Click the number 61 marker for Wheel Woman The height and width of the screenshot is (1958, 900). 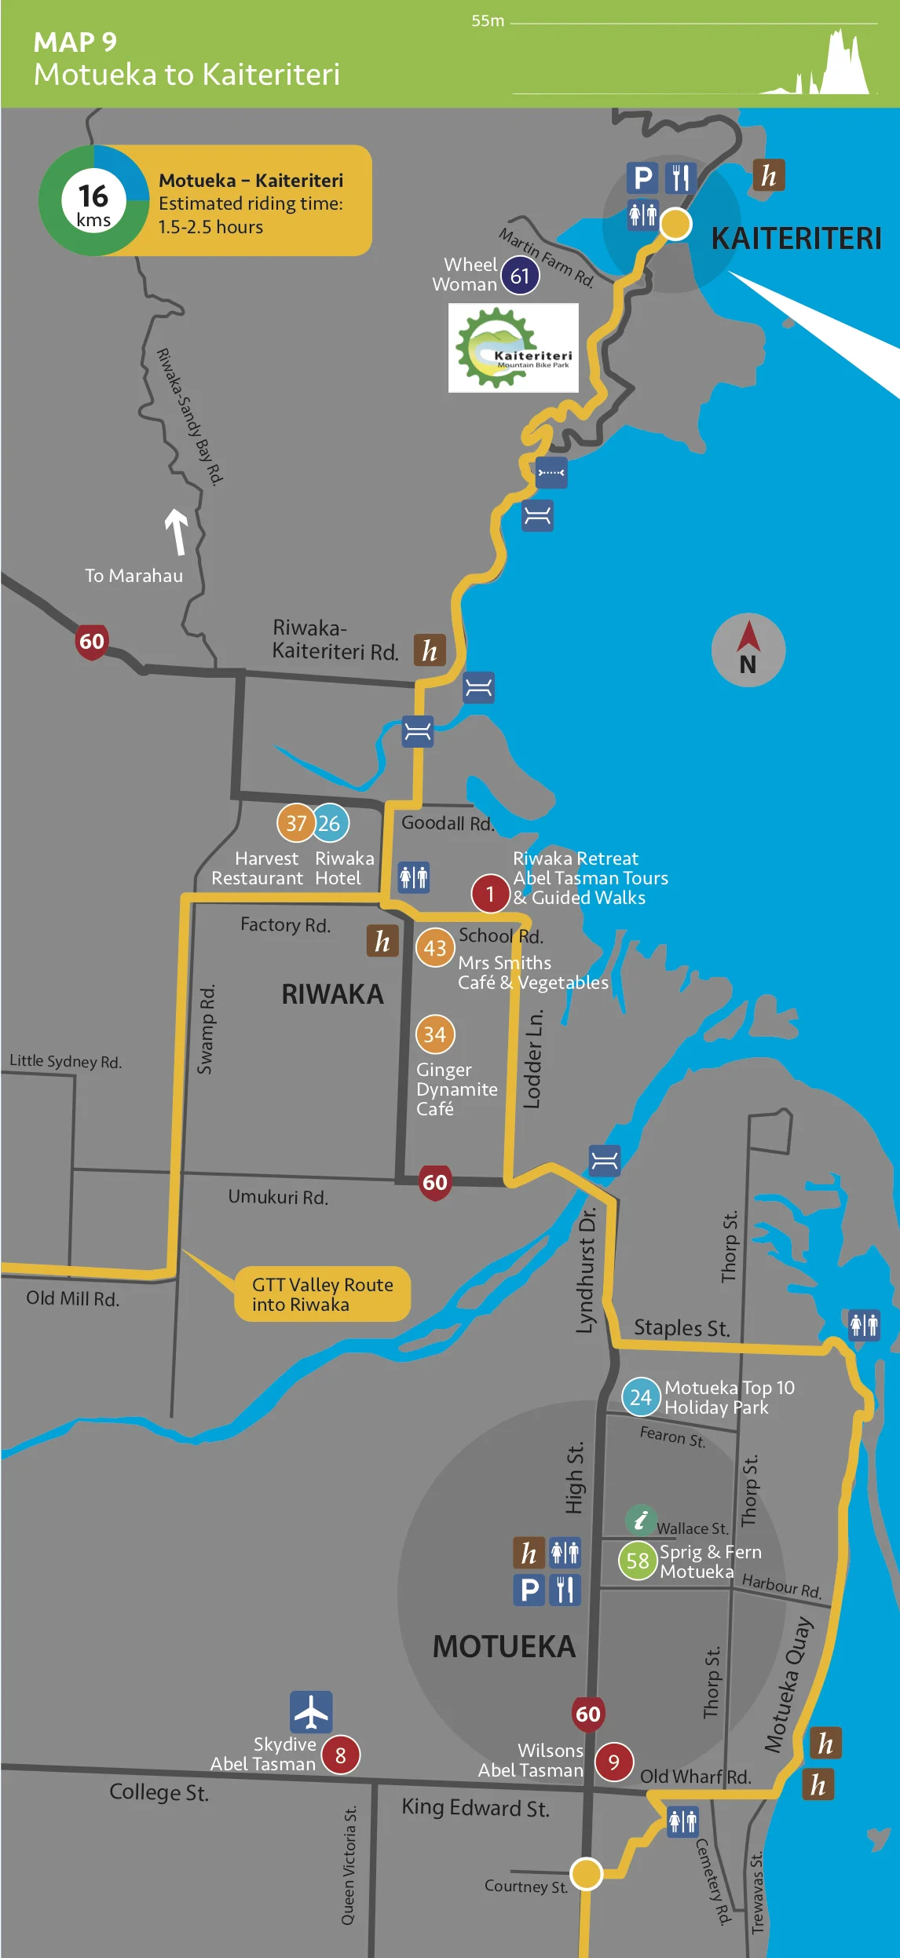[x=520, y=276]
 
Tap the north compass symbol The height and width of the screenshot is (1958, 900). [x=748, y=650]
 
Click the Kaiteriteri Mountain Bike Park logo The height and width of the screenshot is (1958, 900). [x=514, y=348]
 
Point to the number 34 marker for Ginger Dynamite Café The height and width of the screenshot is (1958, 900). [x=434, y=1034]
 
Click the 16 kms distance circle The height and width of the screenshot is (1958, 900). [x=93, y=201]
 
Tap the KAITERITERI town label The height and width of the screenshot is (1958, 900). [x=796, y=238]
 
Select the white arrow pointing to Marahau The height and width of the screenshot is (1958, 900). [x=177, y=531]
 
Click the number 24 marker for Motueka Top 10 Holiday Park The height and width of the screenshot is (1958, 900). [x=641, y=1396]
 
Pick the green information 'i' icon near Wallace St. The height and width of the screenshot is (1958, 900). [x=640, y=1520]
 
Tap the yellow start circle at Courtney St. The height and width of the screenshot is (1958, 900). [x=586, y=1873]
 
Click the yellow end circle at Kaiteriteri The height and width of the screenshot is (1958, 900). [x=675, y=224]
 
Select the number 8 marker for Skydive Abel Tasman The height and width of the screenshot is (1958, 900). [x=340, y=1755]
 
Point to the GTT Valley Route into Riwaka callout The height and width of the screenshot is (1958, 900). [x=322, y=1294]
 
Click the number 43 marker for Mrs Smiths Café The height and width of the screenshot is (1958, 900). [x=434, y=948]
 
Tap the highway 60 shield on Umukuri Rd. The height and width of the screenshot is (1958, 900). [x=435, y=1182]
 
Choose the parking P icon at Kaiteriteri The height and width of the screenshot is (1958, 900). [x=642, y=178]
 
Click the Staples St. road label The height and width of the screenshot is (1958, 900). [x=682, y=1327]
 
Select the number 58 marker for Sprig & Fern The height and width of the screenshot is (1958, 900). [x=638, y=1561]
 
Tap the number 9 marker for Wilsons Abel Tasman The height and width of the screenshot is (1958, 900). [x=613, y=1762]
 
